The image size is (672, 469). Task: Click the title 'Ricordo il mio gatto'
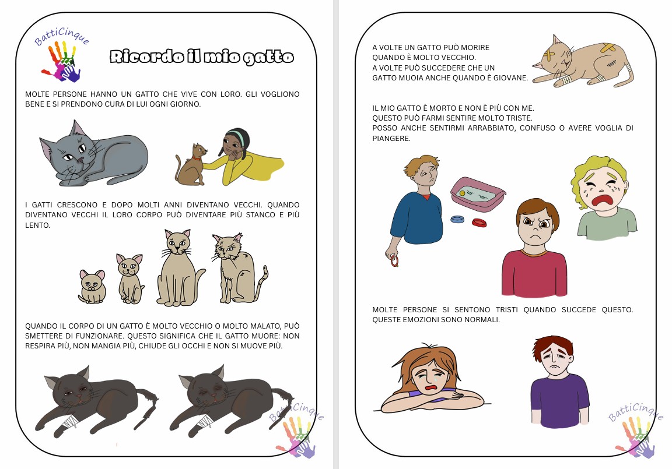[x=202, y=57]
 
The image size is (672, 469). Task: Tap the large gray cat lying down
[x=93, y=154]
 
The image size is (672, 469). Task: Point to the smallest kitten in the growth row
[x=92, y=287]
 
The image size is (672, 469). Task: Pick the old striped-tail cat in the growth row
[x=239, y=269]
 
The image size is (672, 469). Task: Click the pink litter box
[x=477, y=194]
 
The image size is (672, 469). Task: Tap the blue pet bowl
[x=457, y=219]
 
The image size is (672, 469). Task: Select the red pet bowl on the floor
[x=479, y=223]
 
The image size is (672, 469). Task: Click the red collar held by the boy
[x=394, y=260]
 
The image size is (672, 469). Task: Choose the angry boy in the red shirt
[x=534, y=248]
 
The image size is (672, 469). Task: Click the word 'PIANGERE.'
[x=391, y=138]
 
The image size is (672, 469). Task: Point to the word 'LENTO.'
[x=38, y=225]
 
